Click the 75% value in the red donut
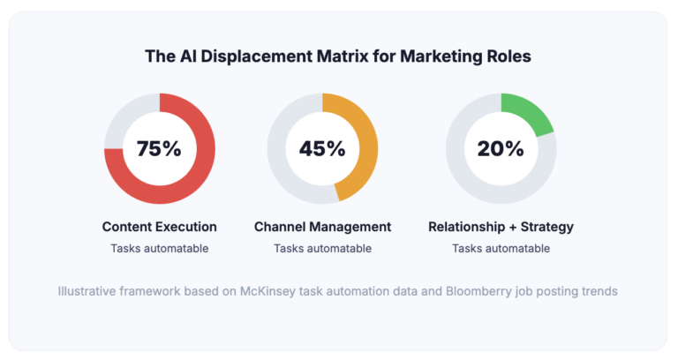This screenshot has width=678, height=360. pyautogui.click(x=159, y=148)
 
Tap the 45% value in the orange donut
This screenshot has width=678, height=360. pyautogui.click(x=322, y=148)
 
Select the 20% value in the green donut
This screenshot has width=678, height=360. pyautogui.click(x=501, y=148)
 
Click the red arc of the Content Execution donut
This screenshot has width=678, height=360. pyautogui.click(x=200, y=176)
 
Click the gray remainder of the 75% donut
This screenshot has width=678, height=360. pyautogui.click(x=120, y=120)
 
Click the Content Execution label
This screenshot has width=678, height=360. pyautogui.click(x=159, y=227)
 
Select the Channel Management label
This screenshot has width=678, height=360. pyautogui.click(x=322, y=227)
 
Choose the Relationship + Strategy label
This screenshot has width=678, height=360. pyautogui.click(x=501, y=227)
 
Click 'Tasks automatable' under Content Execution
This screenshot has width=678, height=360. pyautogui.click(x=159, y=248)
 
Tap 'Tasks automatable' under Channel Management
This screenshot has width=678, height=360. pyautogui.click(x=322, y=248)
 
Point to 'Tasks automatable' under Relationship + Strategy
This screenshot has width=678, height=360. pyautogui.click(x=501, y=248)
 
